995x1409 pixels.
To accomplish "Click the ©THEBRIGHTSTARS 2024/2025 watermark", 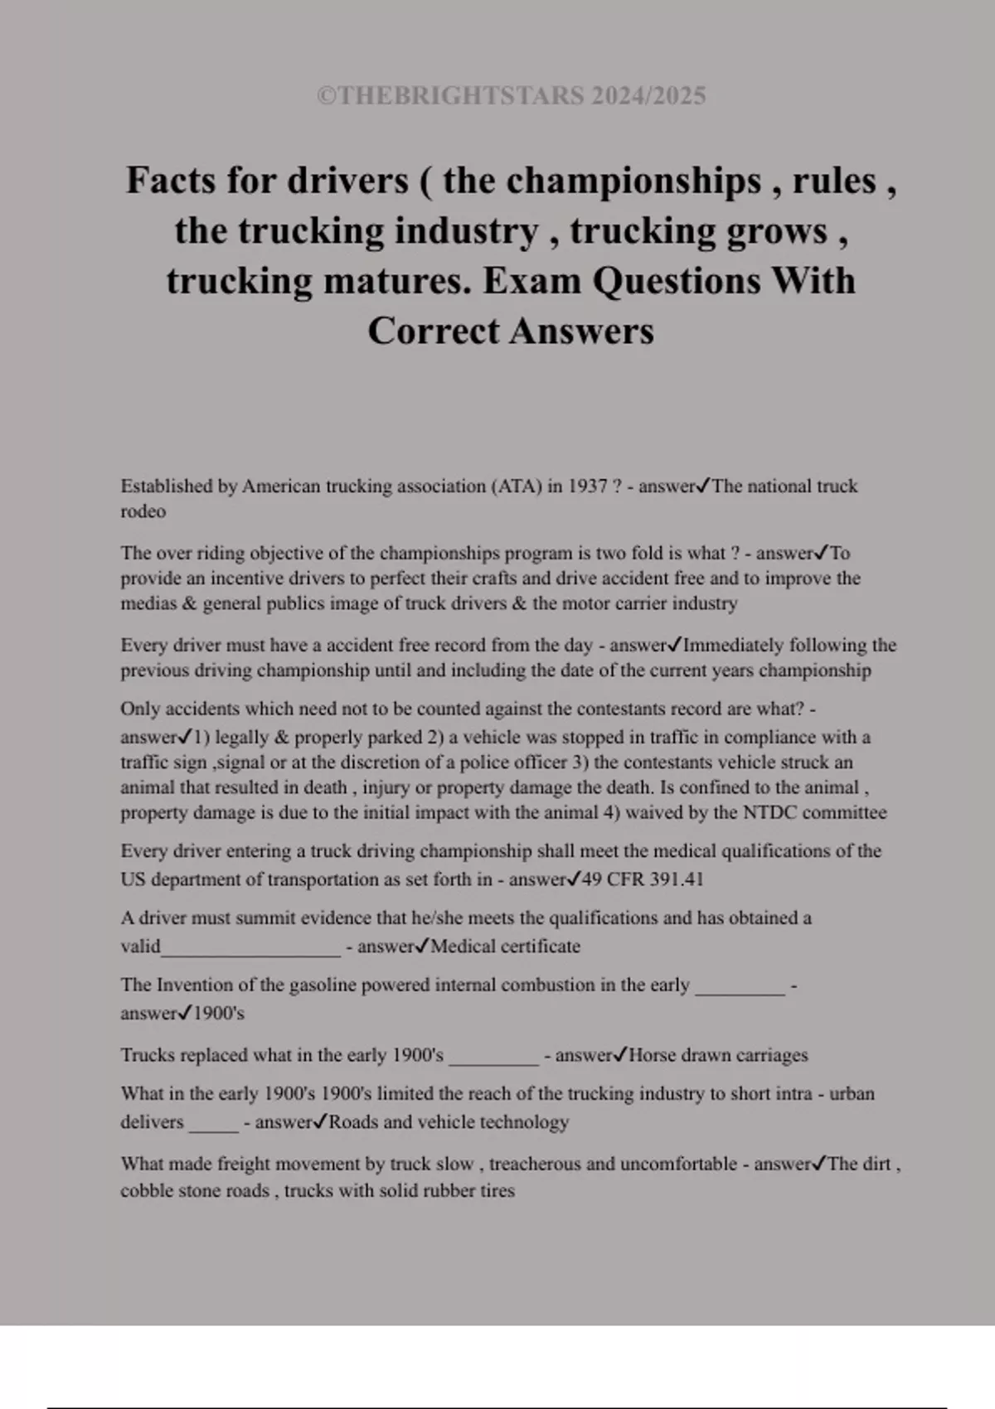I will (x=511, y=96).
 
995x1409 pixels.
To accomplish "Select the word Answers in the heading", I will (x=581, y=332).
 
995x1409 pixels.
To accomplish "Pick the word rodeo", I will (x=143, y=511).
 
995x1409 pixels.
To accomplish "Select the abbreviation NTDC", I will (x=769, y=812).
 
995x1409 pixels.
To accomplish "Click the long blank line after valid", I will (x=251, y=950).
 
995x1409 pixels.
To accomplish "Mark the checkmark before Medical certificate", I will (x=422, y=946).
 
